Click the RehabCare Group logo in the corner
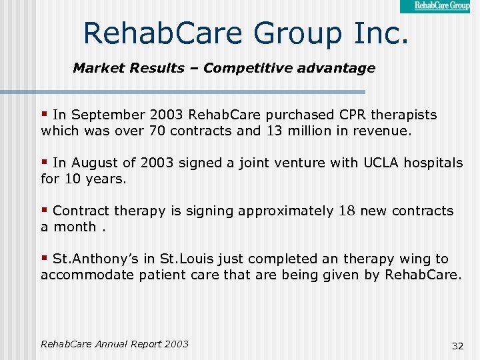coord(439,6)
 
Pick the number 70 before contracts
coord(158,131)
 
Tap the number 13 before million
coord(275,131)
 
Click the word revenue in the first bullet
coord(382,131)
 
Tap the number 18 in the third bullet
coord(347,211)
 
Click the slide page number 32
coord(457,346)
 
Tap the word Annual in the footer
coord(115,344)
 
